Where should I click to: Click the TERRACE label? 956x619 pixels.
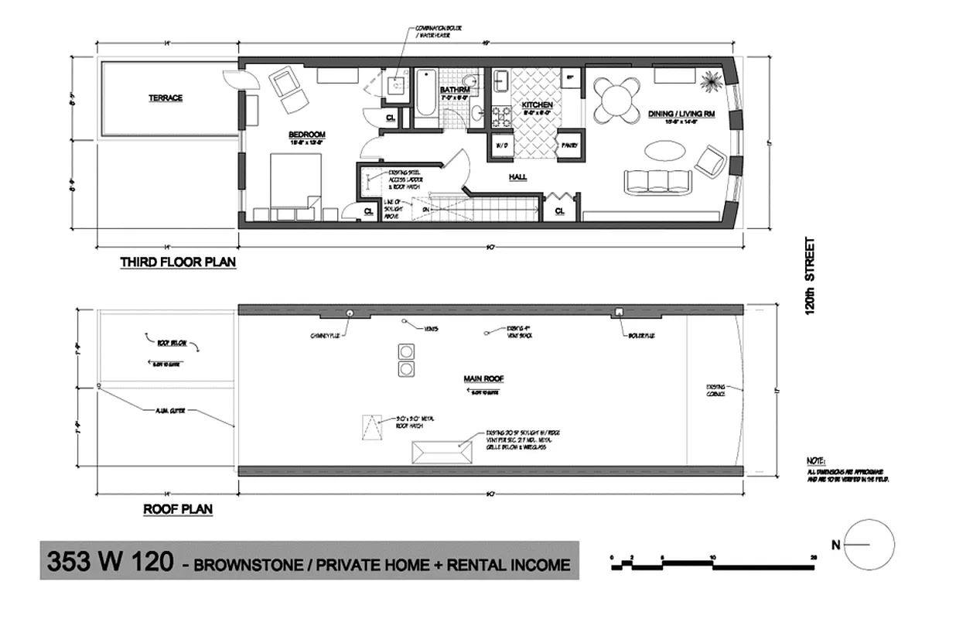click(x=166, y=98)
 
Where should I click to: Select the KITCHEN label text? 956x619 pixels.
click(x=536, y=104)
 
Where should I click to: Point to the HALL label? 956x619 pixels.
click(x=517, y=177)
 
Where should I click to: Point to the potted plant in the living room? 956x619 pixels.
click(x=711, y=80)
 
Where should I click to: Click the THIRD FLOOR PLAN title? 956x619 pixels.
click(x=178, y=262)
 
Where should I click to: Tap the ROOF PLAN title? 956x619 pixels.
click(x=178, y=509)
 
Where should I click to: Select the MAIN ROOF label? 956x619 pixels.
click(x=484, y=379)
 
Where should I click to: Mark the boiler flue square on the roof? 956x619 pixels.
click(x=619, y=312)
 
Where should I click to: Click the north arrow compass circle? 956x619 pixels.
click(x=869, y=544)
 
